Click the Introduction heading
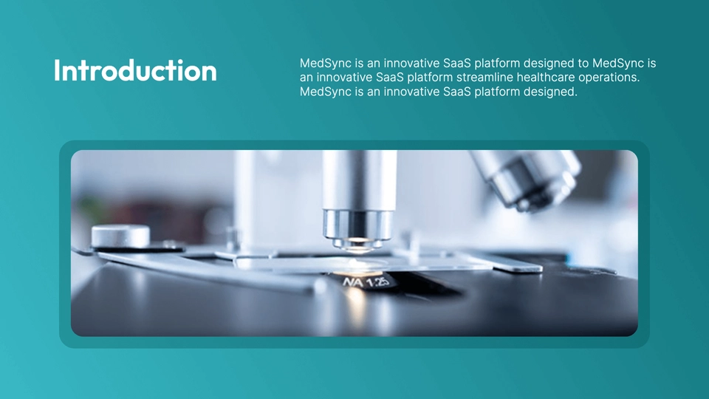pos(135,71)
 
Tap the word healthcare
pos(545,78)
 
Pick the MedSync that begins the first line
pos(326,64)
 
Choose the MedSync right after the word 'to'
pos(618,64)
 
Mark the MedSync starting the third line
pos(326,92)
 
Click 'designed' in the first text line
pos(548,64)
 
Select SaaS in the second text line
pos(390,78)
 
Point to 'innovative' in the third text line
pos(411,92)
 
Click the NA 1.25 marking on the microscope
pos(366,282)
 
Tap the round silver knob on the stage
pos(120,236)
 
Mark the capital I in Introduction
pos(57,71)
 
